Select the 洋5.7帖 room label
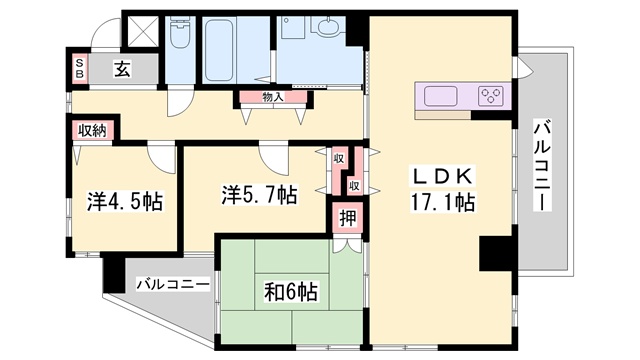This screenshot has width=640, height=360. tap(258, 192)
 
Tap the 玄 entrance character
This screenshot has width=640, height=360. tap(121, 69)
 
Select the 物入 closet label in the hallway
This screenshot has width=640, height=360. tap(272, 97)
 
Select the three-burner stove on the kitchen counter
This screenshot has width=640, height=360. tap(491, 97)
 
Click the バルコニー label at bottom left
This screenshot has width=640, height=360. tap(172, 283)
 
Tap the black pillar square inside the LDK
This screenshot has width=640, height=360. tap(495, 253)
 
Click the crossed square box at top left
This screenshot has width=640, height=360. tap(140, 30)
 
